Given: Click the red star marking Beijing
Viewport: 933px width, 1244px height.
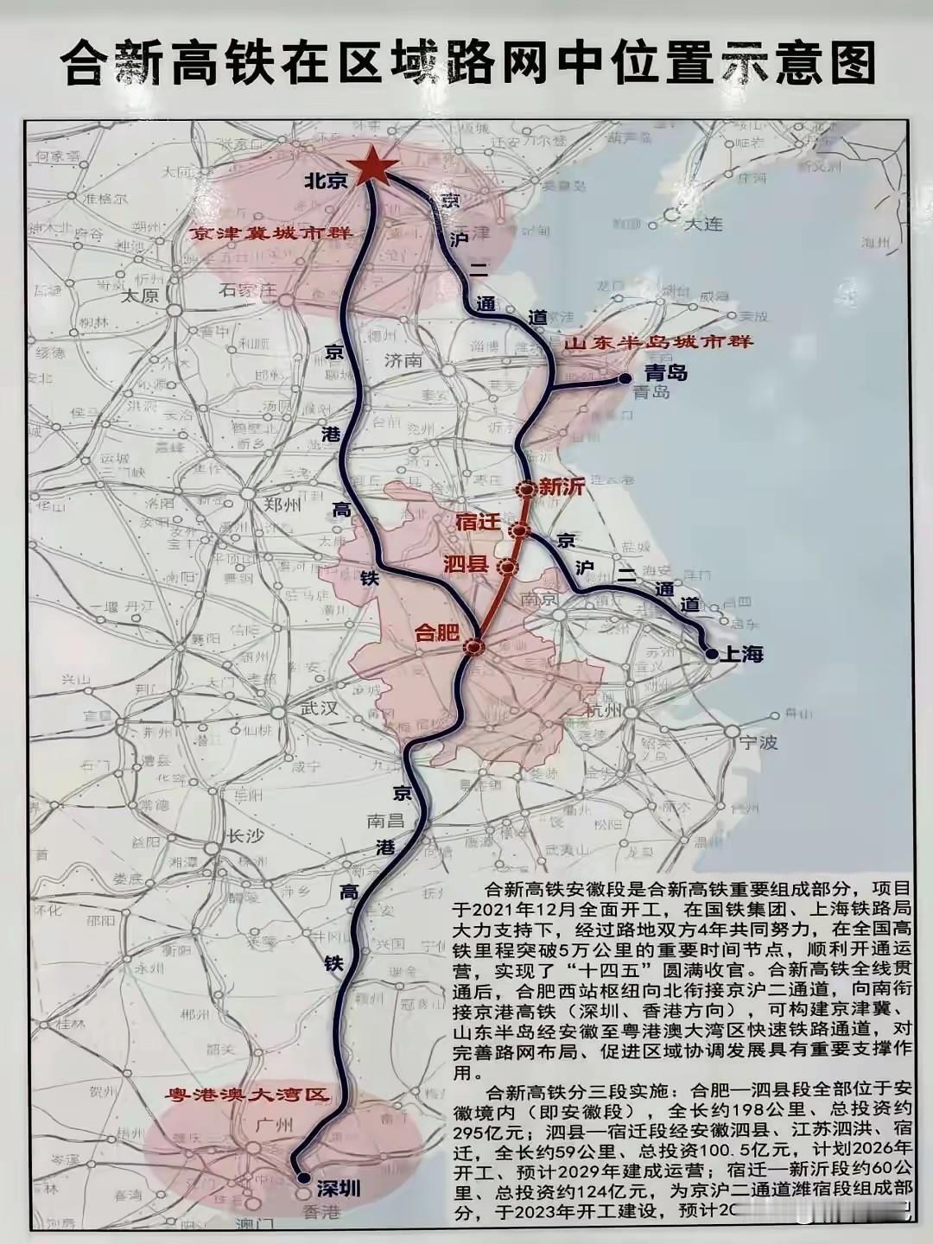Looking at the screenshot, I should [x=373, y=167].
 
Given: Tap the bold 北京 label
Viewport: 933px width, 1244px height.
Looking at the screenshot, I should [x=326, y=181].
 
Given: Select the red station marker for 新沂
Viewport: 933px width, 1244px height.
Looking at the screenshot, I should [x=526, y=489].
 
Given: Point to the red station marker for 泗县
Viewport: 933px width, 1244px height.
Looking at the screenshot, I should [x=507, y=567].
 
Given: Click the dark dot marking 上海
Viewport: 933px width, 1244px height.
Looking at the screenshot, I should [x=711, y=654].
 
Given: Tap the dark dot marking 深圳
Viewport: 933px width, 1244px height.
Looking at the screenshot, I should [x=302, y=1177].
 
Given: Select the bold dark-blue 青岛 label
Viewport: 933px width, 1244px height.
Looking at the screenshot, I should [x=666, y=373].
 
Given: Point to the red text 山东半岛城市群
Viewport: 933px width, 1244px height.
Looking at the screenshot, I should [x=658, y=342].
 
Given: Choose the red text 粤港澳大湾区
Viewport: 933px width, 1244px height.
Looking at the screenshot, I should [x=247, y=1095].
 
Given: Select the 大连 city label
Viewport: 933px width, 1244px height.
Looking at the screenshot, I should [x=702, y=224].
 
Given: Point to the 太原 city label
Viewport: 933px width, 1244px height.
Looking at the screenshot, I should [x=140, y=296].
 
